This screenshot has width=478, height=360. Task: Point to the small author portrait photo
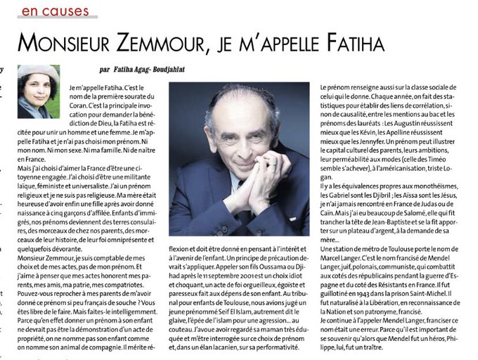tap(39, 91)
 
